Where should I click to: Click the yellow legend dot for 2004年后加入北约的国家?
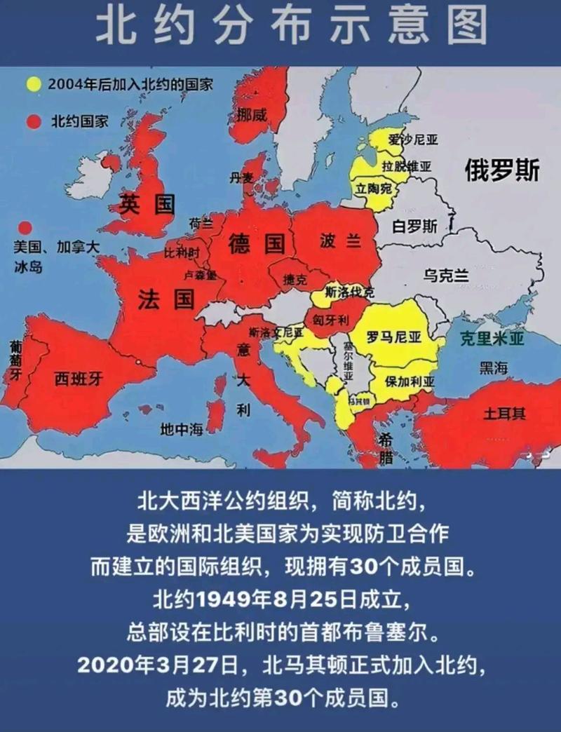(33, 85)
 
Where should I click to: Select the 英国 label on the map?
(146, 204)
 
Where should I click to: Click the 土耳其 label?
(503, 413)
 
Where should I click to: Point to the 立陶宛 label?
(374, 189)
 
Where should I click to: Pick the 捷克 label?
(295, 279)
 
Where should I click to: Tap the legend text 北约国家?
(79, 121)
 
